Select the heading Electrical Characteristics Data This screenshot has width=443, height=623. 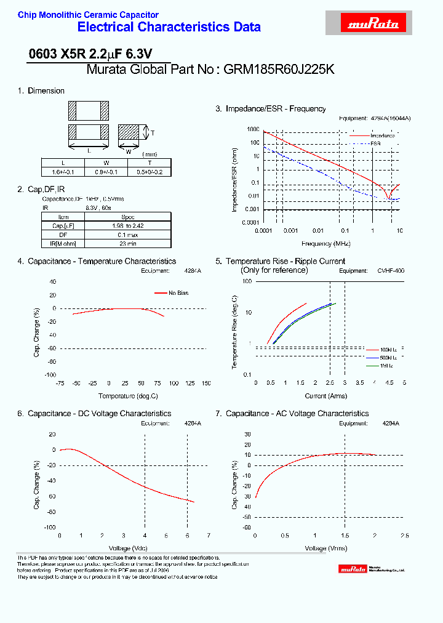[169, 27]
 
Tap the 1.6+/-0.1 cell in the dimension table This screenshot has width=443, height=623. [62, 172]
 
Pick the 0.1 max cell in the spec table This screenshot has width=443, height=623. [127, 235]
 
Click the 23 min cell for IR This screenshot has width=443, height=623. [127, 243]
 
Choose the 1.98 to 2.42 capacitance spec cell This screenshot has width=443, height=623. [127, 226]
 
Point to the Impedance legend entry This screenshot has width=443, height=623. [381, 135]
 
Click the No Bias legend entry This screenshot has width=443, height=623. [178, 293]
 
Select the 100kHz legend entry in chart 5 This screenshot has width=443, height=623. [391, 349]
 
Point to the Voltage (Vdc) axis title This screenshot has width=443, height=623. [128, 547]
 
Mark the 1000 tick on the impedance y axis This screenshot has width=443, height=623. [253, 130]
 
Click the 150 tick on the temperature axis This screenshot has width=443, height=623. [206, 383]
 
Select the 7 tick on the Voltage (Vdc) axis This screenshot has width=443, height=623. [209, 536]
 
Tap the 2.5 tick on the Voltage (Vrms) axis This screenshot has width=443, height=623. [404, 536]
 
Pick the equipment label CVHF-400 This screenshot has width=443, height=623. [391, 271]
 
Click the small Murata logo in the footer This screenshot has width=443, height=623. [354, 569]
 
